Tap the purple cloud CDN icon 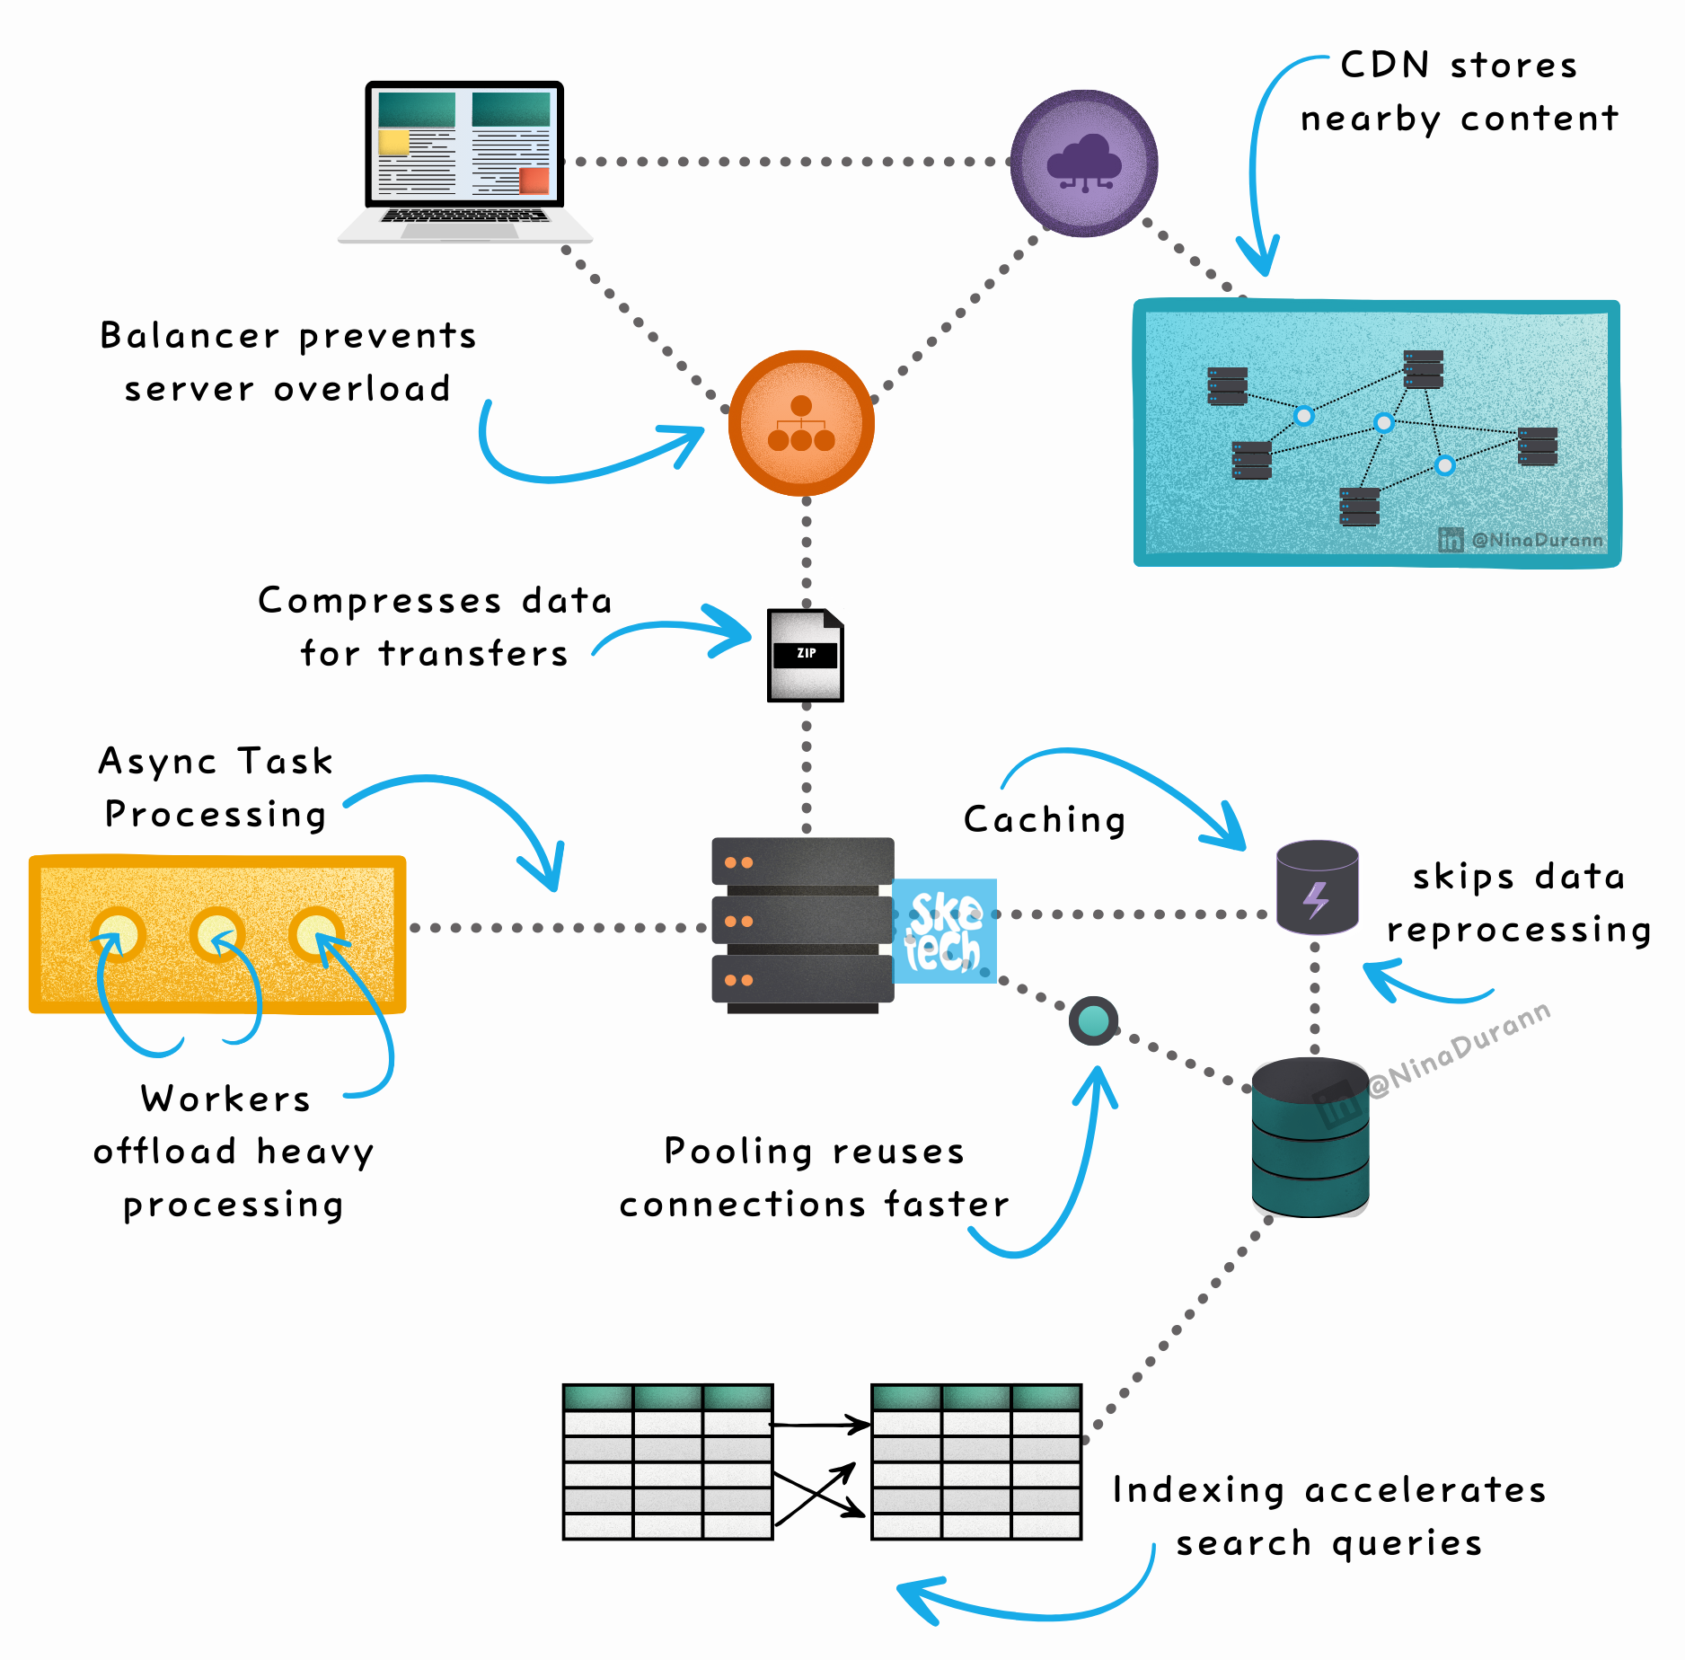click(x=1084, y=163)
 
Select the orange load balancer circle click(x=801, y=423)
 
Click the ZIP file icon click(x=805, y=656)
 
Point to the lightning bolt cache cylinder click(x=1317, y=887)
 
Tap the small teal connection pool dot click(x=1093, y=1020)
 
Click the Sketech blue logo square click(x=944, y=931)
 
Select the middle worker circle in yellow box click(x=216, y=934)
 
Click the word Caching click(x=1045, y=820)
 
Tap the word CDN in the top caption click(x=1384, y=66)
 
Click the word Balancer click(x=190, y=336)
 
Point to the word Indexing click(x=1198, y=1490)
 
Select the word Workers click(x=225, y=1099)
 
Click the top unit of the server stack click(x=802, y=862)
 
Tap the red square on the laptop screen click(x=534, y=181)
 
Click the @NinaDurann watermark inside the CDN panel click(x=1536, y=540)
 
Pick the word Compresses click(x=379, y=600)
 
